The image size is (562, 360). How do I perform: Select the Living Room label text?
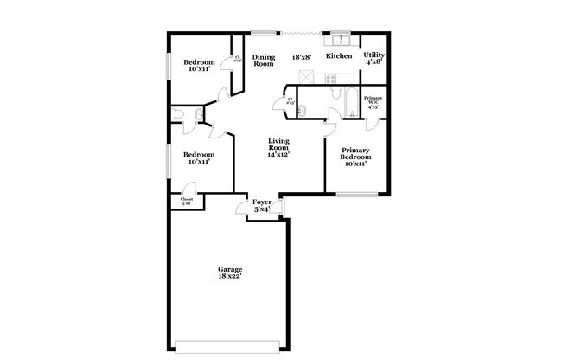(278, 147)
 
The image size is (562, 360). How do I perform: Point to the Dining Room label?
(263, 61)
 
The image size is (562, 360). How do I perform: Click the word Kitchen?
(338, 56)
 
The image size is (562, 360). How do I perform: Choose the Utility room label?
(374, 58)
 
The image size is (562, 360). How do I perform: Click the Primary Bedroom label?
(354, 156)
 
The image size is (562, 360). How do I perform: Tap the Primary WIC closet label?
(374, 103)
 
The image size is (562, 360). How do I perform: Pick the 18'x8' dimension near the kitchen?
(302, 56)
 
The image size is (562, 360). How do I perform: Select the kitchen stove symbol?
(329, 80)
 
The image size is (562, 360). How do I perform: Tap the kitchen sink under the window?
(340, 40)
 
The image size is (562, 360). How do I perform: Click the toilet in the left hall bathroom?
(178, 114)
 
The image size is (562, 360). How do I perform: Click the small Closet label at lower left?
(187, 201)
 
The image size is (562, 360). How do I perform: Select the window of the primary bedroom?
(354, 194)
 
